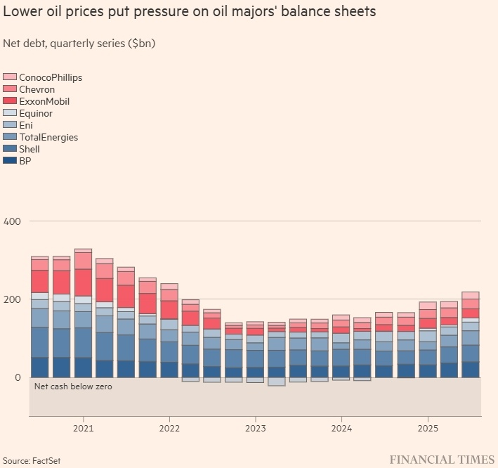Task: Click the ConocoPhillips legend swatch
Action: (x=10, y=77)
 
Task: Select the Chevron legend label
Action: (x=37, y=89)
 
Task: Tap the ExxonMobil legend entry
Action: (x=44, y=101)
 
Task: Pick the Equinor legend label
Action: (x=36, y=113)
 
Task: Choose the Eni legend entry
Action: (x=26, y=125)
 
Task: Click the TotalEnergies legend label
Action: (x=48, y=137)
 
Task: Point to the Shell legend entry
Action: (x=30, y=149)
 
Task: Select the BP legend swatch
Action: (x=10, y=161)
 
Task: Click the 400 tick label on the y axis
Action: (x=12, y=221)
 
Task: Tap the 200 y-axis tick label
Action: (x=12, y=299)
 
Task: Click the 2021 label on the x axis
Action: (x=83, y=428)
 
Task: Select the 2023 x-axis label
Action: (x=255, y=428)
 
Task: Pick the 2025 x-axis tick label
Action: (x=428, y=428)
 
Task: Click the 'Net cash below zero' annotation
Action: (x=72, y=386)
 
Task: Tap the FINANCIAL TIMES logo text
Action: (x=442, y=460)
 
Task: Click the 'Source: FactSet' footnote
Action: (x=32, y=460)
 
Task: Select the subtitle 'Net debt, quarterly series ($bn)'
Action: (x=79, y=43)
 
